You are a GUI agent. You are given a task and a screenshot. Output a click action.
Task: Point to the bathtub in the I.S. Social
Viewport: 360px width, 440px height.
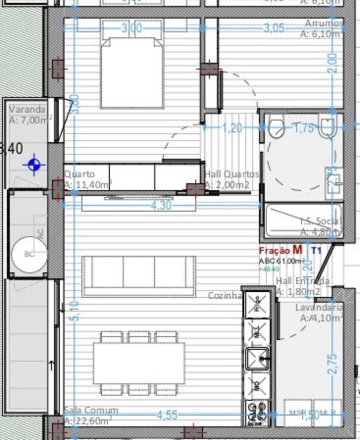303,220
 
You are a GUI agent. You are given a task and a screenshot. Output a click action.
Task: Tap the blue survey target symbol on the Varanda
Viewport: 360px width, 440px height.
34,164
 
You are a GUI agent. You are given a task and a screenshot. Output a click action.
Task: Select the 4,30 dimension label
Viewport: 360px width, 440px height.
161,205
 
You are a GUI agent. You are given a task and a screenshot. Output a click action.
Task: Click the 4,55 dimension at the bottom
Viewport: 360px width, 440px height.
167,415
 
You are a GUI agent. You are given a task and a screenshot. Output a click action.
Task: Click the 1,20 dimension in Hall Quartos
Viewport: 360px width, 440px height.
232,128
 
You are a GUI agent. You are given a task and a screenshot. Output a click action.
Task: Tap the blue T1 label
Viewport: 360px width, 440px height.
316,250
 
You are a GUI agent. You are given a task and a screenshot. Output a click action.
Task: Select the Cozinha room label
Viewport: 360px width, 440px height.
225,295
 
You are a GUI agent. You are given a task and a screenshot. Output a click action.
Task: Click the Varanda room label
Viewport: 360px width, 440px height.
27,109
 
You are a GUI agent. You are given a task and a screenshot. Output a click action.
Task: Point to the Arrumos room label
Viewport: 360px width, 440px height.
324,23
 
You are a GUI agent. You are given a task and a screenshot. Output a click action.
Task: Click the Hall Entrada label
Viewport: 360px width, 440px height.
303,281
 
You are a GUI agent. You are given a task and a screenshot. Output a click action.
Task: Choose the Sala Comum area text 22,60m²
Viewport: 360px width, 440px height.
88,420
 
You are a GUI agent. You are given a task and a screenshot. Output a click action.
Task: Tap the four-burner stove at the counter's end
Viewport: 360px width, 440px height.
258,412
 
